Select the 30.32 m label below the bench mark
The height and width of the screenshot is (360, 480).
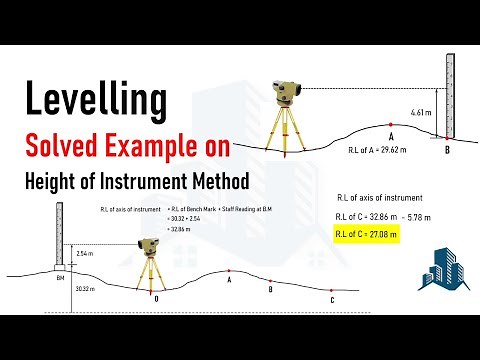point(84,288)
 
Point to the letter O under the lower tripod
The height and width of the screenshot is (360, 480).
point(156,297)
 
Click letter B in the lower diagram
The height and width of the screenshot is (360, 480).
point(270,289)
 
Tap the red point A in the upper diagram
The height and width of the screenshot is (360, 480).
point(391,125)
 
